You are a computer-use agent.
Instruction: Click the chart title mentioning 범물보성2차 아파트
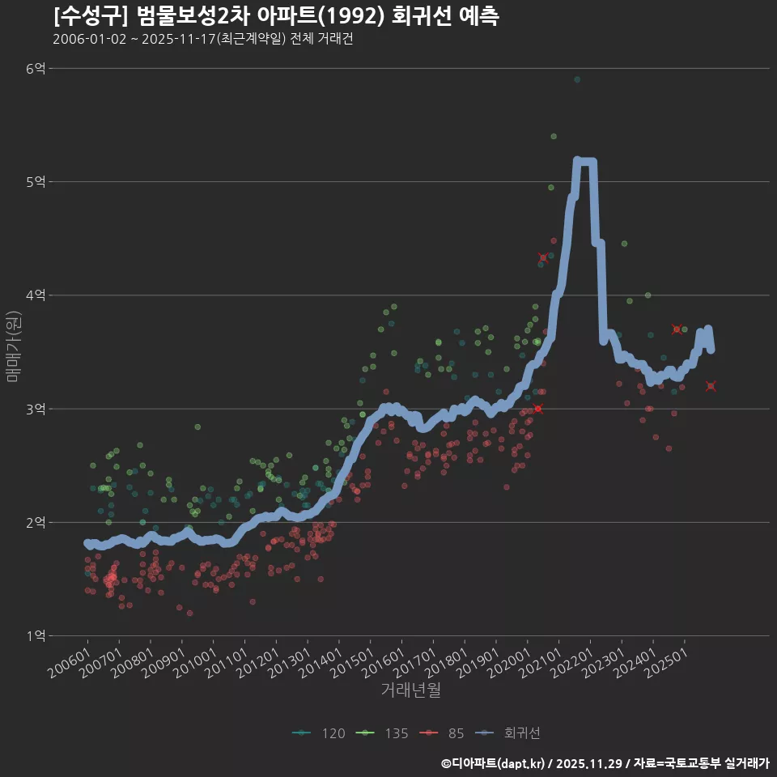pos(275,16)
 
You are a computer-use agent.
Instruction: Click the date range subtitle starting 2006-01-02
pos(202,40)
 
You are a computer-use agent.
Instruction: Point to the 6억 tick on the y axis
pos(35,69)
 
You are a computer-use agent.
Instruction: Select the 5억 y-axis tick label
pos(35,182)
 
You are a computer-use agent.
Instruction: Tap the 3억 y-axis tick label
pos(35,409)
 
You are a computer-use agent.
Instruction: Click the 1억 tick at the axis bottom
pos(35,636)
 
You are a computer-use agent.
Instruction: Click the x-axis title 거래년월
pos(410,690)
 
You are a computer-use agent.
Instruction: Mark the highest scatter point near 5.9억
pos(577,79)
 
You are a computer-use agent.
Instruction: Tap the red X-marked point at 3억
pos(537,409)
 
